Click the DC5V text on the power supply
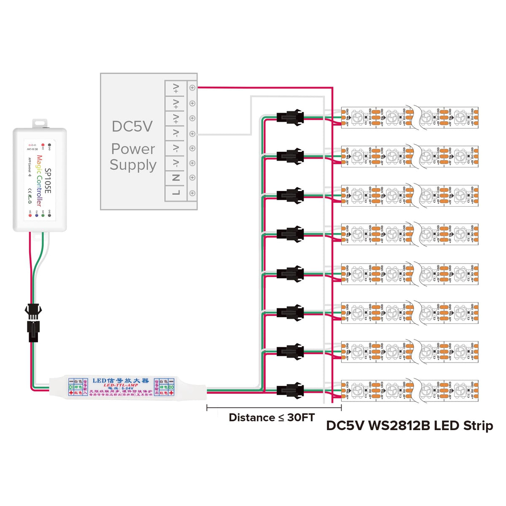pos(132,126)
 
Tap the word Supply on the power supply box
pos(133,165)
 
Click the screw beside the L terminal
pos(192,193)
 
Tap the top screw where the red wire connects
pos(192,88)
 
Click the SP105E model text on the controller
pos(48,181)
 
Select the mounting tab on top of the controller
pos(40,123)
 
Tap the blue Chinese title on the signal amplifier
pos(121,380)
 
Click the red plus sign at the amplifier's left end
pos(71,393)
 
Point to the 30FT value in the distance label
pos(301,418)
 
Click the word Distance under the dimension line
pos(252,418)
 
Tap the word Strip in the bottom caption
pos(478,426)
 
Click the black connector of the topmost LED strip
pos(290,117)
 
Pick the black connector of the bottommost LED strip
pos(290,390)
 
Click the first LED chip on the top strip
pos(358,117)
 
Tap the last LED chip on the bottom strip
pos(460,390)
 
